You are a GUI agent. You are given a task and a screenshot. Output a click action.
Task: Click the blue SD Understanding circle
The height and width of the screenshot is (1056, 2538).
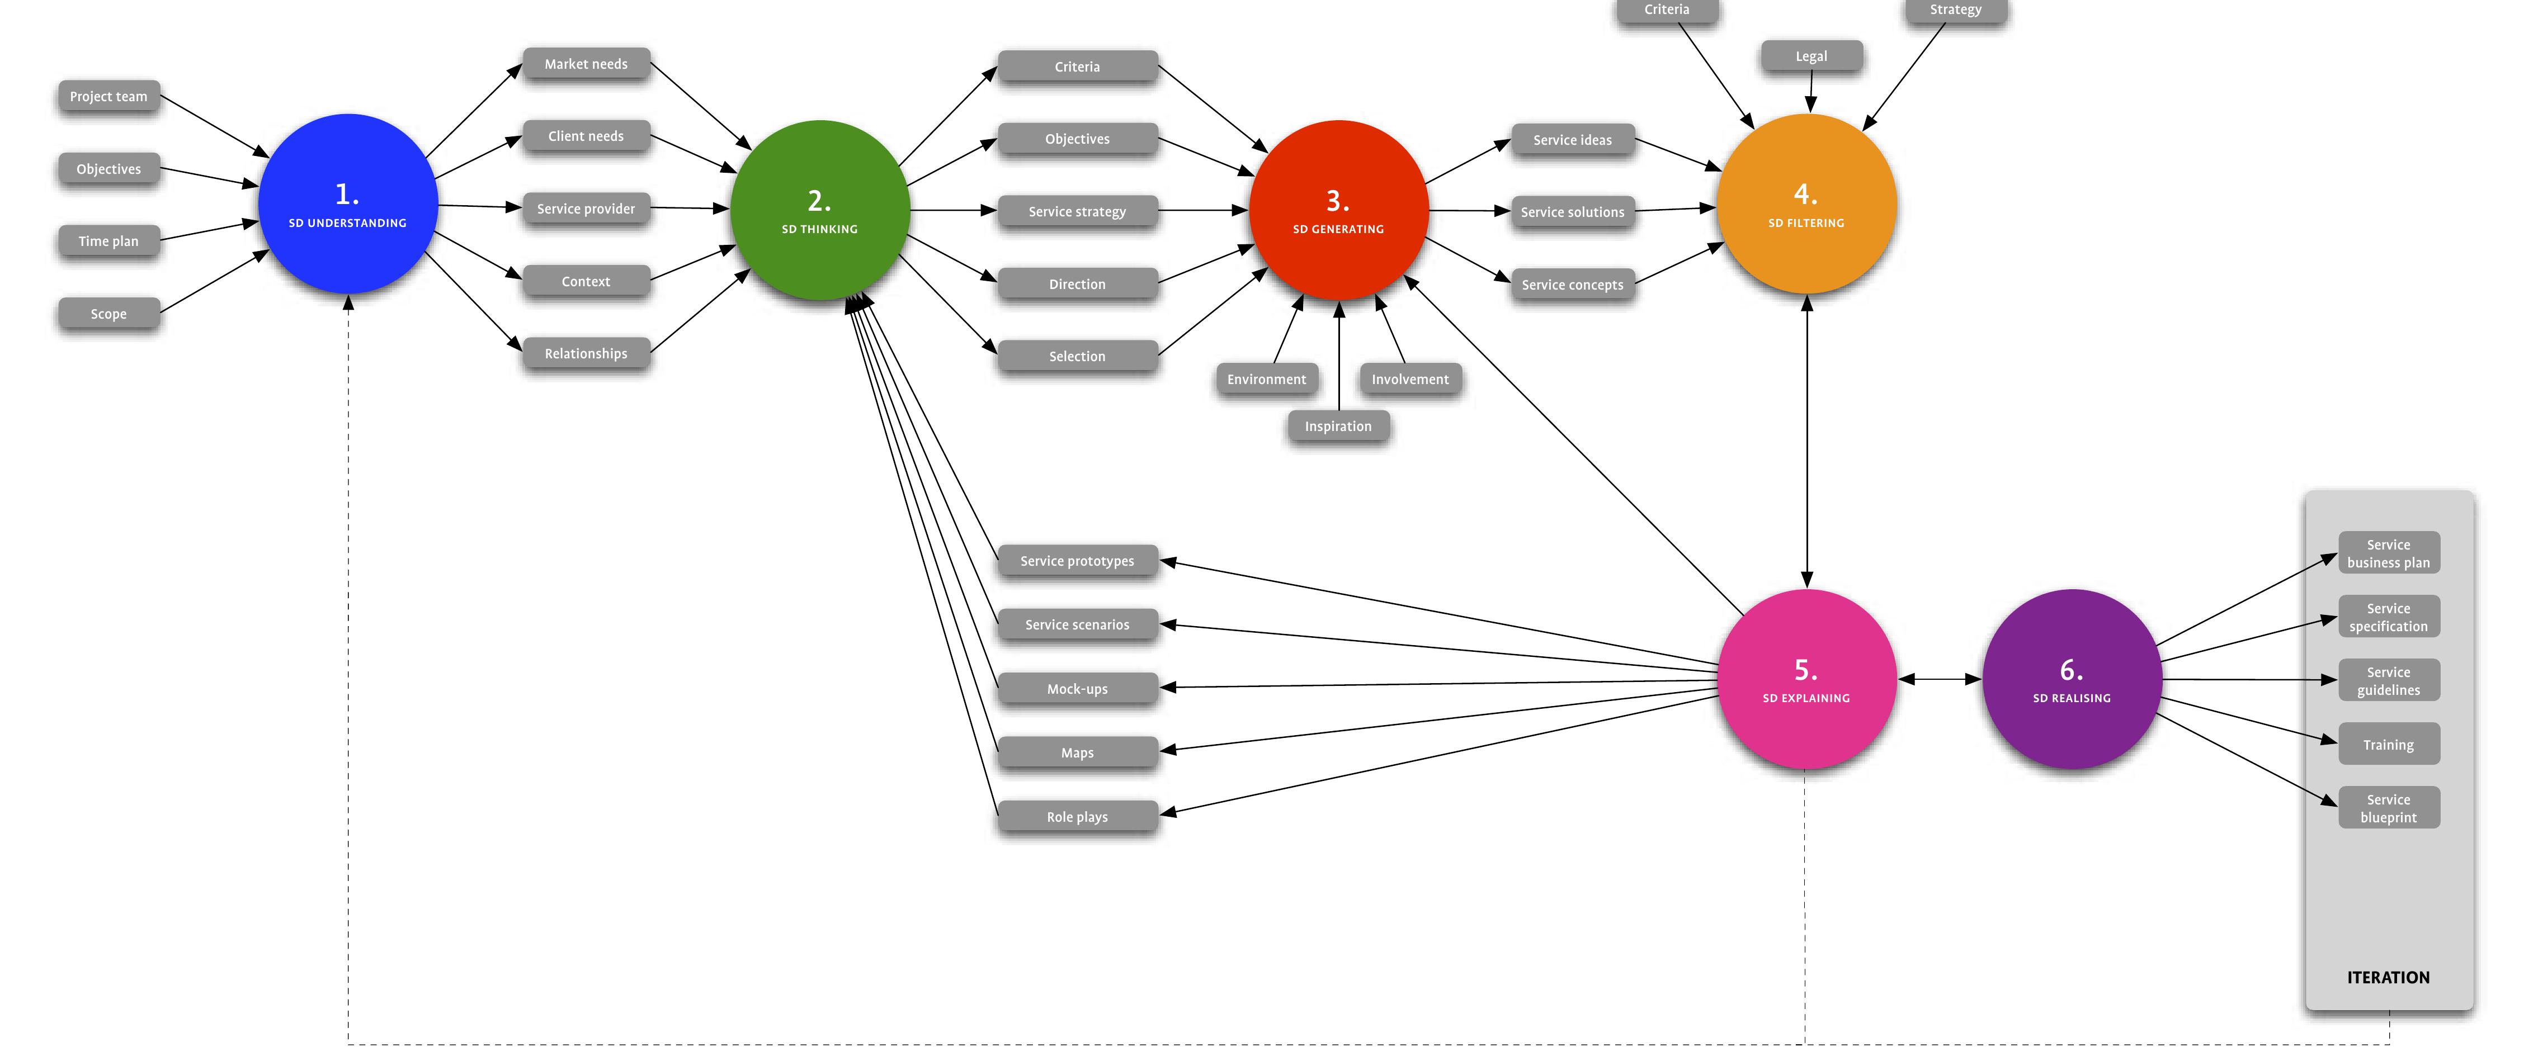[348, 204]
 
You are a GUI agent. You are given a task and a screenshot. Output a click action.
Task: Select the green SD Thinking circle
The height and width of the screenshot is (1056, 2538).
[820, 210]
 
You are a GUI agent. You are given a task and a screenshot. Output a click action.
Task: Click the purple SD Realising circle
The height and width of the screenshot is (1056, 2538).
[2072, 679]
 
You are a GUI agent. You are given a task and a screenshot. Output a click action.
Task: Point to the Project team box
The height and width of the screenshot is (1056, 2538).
[108, 97]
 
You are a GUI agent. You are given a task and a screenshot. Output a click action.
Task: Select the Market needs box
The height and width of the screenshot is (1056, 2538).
[586, 64]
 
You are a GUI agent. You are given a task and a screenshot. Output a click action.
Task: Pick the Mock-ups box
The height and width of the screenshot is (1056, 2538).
[1078, 689]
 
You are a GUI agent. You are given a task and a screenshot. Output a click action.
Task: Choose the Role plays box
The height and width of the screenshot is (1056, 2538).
[1078, 817]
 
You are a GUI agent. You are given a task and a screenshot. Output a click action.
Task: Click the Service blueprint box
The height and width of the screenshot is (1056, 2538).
[2389, 808]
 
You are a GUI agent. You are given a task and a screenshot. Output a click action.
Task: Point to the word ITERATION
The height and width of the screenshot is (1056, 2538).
[2388, 977]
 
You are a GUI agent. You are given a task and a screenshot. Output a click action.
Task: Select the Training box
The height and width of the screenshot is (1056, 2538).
[2389, 745]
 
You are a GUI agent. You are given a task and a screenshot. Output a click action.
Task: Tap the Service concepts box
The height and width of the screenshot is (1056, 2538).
[1573, 285]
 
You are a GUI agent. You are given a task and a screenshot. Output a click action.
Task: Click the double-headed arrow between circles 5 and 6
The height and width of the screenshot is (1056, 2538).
[1940, 679]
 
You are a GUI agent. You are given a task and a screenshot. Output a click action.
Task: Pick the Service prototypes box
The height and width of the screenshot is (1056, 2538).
[1078, 561]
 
